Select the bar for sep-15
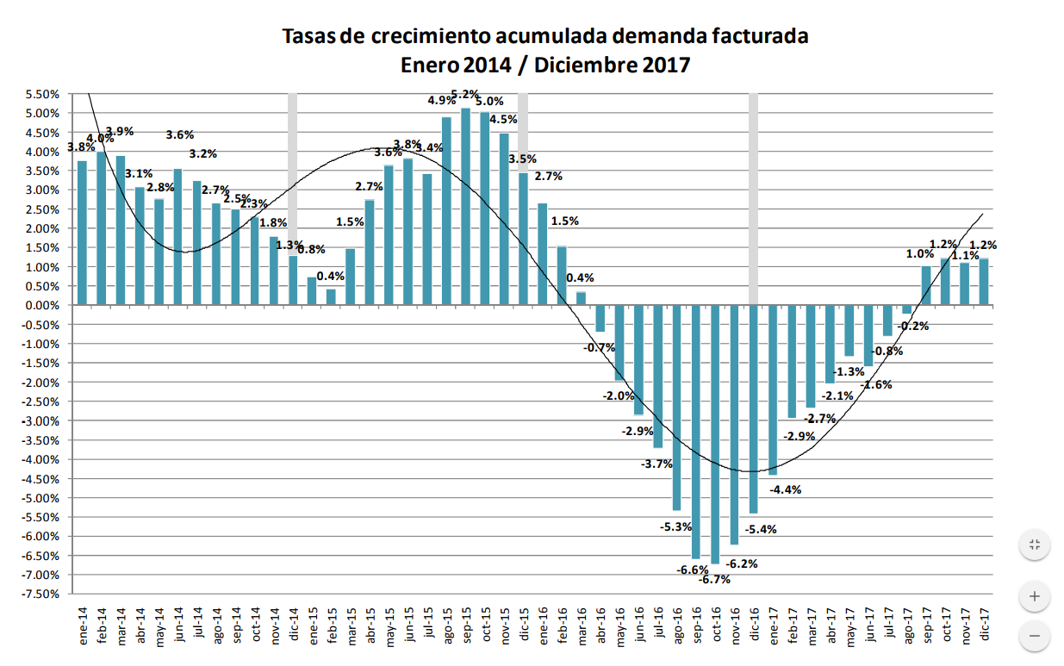point(465,206)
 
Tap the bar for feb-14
point(101,228)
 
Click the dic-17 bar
point(983,282)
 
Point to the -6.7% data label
point(714,579)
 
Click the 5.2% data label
point(465,94)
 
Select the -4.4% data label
point(786,489)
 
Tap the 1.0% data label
point(919,254)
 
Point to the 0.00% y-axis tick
point(41,305)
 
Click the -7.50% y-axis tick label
point(41,594)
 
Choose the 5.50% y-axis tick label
point(41,94)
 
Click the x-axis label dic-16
point(754,626)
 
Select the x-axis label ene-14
point(83,626)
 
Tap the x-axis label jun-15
point(408,626)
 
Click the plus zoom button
point(1035,595)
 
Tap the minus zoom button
point(1035,638)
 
